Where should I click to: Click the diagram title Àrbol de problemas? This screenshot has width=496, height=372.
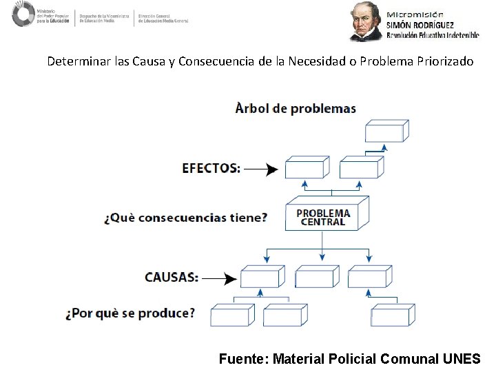pyautogui.click(x=296, y=108)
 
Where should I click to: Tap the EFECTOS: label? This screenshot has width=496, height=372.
pyautogui.click(x=211, y=167)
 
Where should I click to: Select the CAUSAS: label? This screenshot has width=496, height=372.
pyautogui.click(x=172, y=277)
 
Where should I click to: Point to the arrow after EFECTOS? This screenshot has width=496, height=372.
pyautogui.click(x=261, y=168)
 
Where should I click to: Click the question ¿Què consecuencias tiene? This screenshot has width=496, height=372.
pyautogui.click(x=185, y=218)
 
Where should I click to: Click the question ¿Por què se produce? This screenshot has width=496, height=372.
pyautogui.click(x=130, y=313)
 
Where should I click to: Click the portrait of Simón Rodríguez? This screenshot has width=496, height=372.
pyautogui.click(x=366, y=21)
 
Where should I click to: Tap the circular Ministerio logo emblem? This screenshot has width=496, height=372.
pyautogui.click(x=23, y=14)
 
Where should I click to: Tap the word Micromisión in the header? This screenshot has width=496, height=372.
pyautogui.click(x=415, y=13)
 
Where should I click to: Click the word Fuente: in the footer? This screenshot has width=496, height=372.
pyautogui.click(x=243, y=358)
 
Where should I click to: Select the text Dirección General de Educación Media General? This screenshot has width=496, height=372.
pyautogui.click(x=163, y=18)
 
